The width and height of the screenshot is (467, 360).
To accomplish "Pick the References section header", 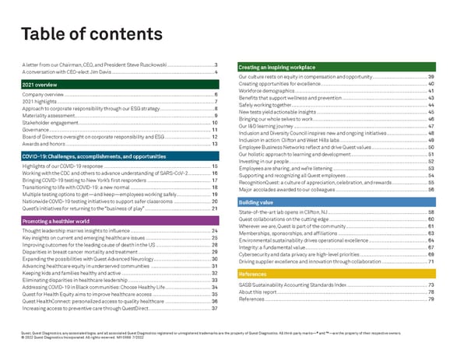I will click(252, 274).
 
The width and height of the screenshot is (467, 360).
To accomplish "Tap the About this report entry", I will click(262, 292).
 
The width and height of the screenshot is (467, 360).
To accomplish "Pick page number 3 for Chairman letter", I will click(215, 63).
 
